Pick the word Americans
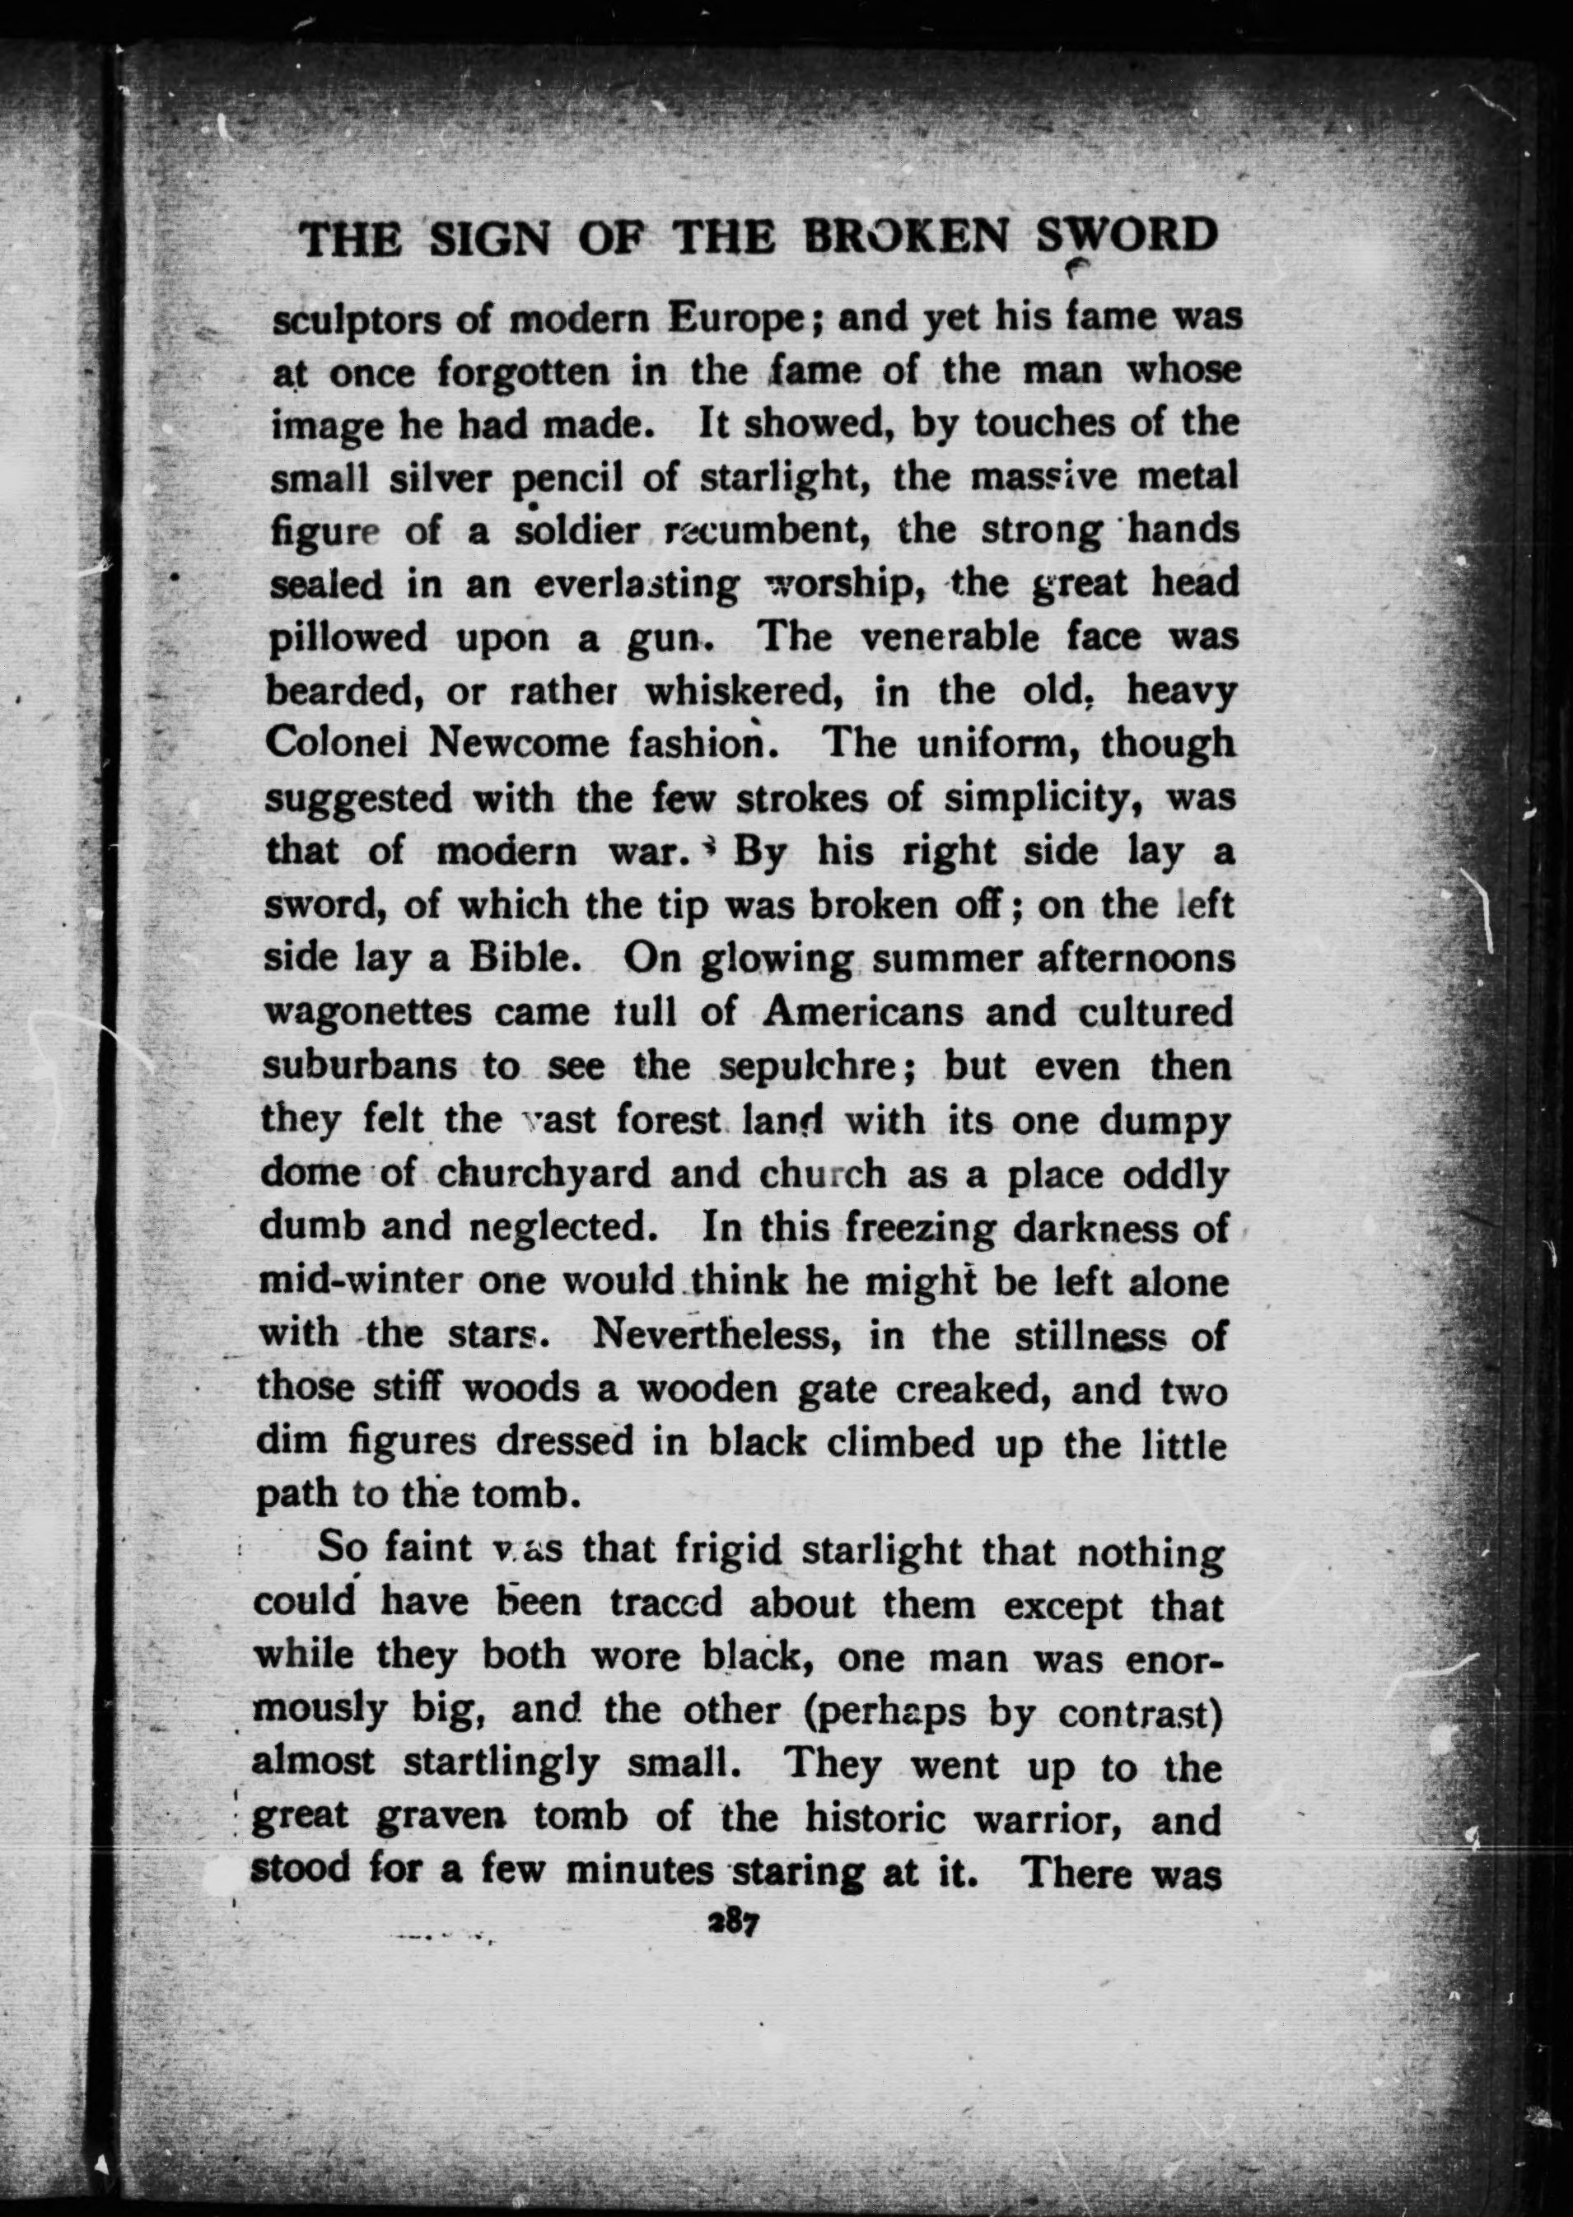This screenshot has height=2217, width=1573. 864,1012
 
